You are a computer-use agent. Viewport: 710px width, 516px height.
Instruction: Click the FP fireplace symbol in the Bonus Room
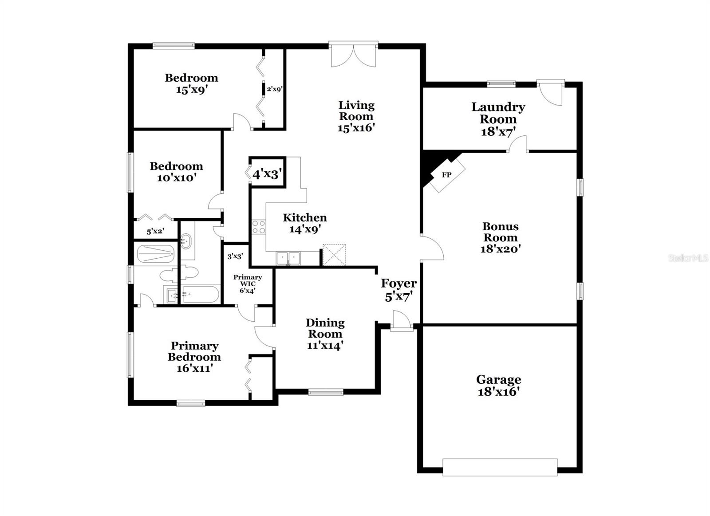click(x=447, y=175)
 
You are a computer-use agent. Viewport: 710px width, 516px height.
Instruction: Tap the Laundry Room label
click(x=498, y=113)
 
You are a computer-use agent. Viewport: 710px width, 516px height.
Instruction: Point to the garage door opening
click(x=500, y=467)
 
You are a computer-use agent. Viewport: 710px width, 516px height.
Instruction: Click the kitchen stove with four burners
click(x=258, y=227)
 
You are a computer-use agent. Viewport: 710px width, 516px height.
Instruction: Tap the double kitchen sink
click(x=288, y=258)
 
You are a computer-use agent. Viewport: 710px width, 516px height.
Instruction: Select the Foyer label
click(x=398, y=283)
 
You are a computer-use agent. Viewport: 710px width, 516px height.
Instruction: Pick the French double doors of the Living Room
click(x=354, y=55)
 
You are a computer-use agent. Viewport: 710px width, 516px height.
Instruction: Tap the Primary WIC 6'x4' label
click(x=248, y=284)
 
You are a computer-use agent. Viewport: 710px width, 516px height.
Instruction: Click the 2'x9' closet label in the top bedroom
click(x=274, y=89)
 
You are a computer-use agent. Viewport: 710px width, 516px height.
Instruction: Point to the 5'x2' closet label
click(x=155, y=231)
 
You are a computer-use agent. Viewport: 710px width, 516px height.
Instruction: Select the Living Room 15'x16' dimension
click(x=356, y=128)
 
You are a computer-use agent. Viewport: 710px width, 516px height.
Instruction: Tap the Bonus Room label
click(x=500, y=232)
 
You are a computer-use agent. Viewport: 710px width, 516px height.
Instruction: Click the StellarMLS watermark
click(x=688, y=258)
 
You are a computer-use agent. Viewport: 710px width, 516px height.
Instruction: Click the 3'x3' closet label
click(x=235, y=256)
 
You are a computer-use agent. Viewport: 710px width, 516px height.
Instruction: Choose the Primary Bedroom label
click(x=194, y=351)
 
